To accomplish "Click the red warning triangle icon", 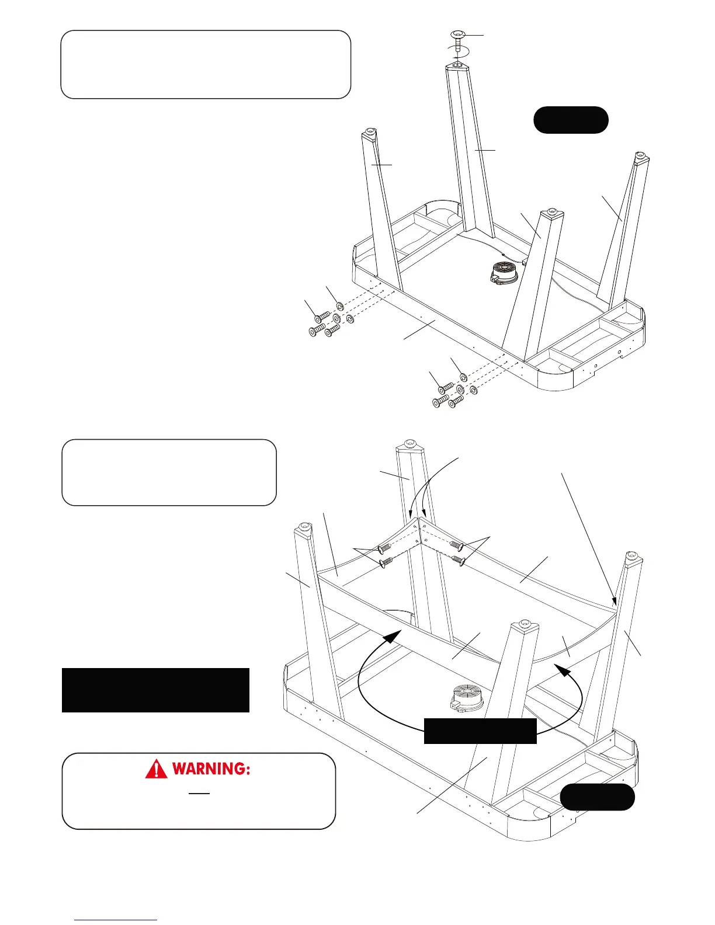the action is [x=156, y=769].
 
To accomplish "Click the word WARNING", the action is [x=211, y=769].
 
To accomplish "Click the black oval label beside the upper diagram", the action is [x=571, y=120].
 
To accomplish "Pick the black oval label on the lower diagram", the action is [x=597, y=797].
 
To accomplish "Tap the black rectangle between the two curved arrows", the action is [x=480, y=731].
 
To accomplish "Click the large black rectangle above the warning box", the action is [x=155, y=690].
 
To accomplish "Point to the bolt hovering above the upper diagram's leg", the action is [x=459, y=39].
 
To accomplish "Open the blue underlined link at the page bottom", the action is [x=116, y=919].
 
